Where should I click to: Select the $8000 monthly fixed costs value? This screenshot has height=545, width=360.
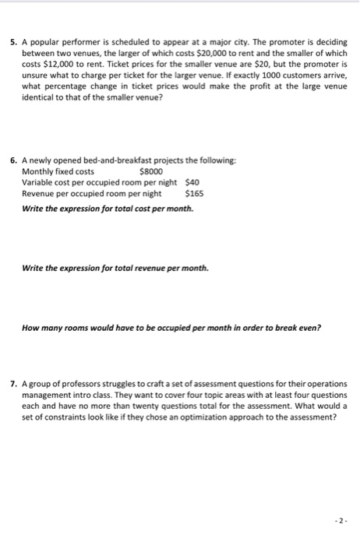click(150, 171)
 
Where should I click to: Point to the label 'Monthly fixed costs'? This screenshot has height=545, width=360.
click(58, 171)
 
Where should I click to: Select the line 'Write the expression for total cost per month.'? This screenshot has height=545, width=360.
click(108, 208)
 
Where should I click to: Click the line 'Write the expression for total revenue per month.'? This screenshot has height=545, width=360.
click(115, 268)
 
